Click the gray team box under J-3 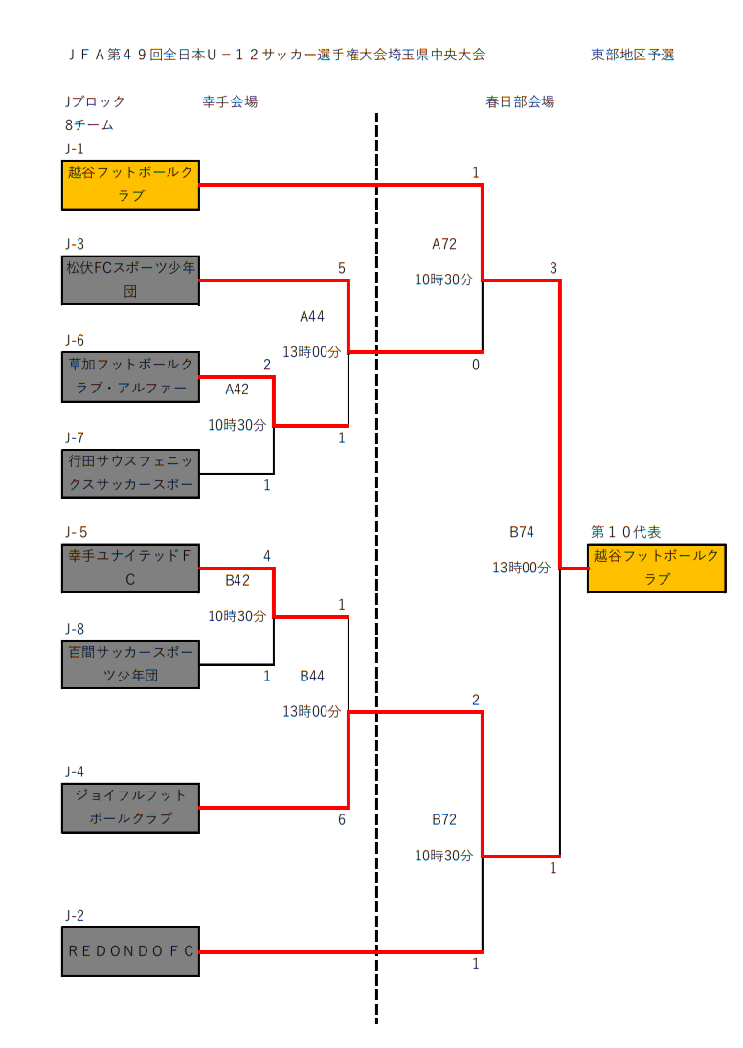click(x=131, y=280)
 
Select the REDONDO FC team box click(x=131, y=951)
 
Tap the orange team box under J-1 click(x=131, y=185)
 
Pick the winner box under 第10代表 click(x=656, y=568)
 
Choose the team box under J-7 click(x=131, y=473)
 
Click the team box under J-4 click(x=131, y=808)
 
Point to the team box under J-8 click(x=131, y=664)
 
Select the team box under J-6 click(x=131, y=376)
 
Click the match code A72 click(x=444, y=245)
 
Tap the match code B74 click(x=522, y=532)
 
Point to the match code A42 click(x=237, y=390)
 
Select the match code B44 click(x=312, y=677)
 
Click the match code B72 click(x=444, y=820)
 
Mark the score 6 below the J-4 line click(x=341, y=820)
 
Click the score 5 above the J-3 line click(x=341, y=268)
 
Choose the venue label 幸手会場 click(x=230, y=101)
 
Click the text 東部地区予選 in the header click(x=633, y=55)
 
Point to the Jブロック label click(x=95, y=101)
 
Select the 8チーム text click(x=89, y=125)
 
